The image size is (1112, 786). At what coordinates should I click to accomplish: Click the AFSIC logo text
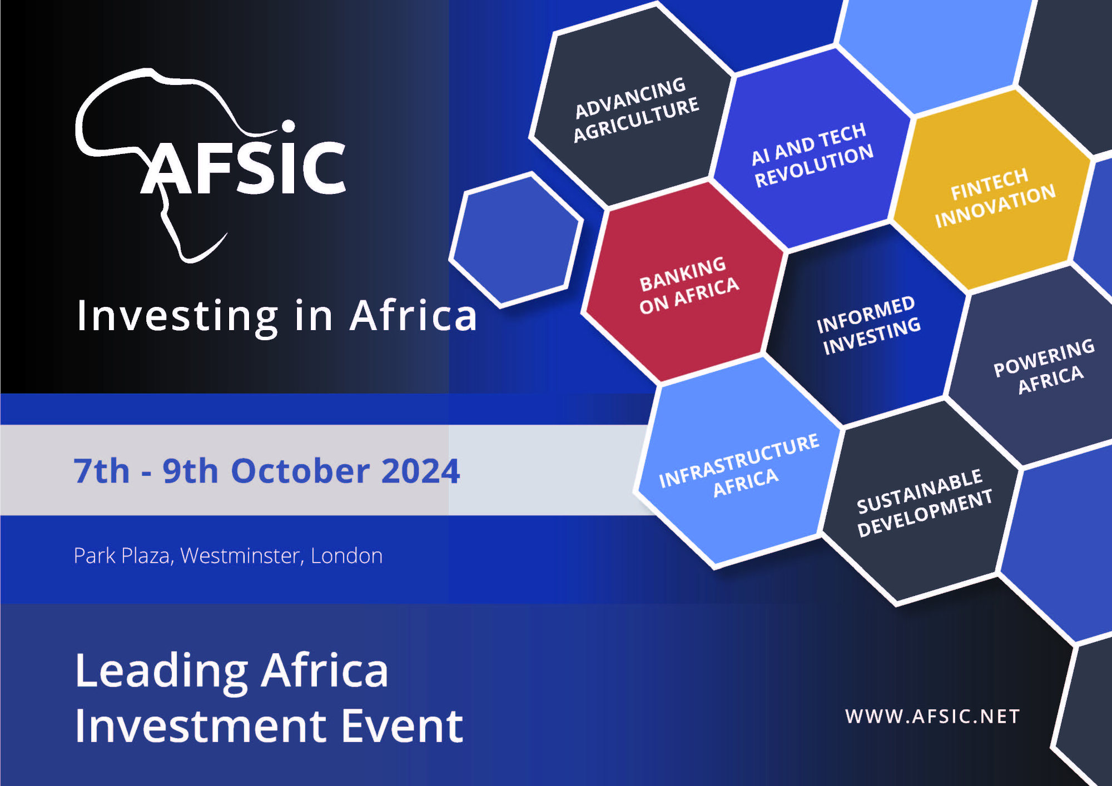pos(243,167)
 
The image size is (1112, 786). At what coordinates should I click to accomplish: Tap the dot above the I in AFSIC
pos(288,126)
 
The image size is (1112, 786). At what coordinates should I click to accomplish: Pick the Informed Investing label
pos(868,325)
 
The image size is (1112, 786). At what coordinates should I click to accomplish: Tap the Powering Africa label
pos(1045,367)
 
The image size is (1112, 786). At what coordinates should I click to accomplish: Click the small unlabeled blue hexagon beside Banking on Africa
pos(517,240)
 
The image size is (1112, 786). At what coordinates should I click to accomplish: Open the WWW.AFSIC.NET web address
pos(932,717)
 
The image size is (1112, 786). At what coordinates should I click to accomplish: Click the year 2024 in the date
pos(421,471)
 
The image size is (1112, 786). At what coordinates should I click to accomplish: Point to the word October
pos(300,471)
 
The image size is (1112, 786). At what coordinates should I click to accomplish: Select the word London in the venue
pos(346,556)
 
